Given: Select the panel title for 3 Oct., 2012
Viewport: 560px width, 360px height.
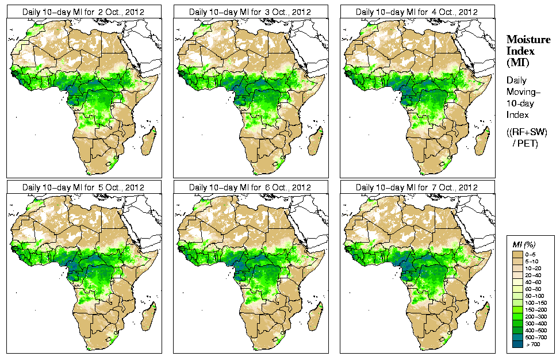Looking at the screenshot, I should tap(251, 12).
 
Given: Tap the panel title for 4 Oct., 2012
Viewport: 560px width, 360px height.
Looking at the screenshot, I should tap(417, 12).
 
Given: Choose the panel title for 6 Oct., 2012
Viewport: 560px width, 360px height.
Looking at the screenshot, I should tap(251, 187).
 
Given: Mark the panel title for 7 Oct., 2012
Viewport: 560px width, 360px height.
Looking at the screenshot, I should tap(417, 187).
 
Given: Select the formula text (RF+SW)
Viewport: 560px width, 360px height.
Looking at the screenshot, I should tap(527, 132).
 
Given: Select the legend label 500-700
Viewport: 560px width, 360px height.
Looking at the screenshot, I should tap(536, 336).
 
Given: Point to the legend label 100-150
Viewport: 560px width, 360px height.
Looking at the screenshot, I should tap(536, 302).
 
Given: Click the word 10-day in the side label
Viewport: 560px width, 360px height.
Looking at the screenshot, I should tap(520, 104).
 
